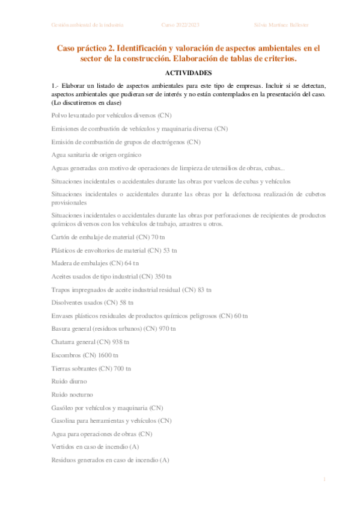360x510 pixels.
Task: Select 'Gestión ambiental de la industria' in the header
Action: tap(88, 25)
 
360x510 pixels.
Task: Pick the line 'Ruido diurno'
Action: tap(69, 381)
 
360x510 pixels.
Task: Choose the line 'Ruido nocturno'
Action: tap(72, 395)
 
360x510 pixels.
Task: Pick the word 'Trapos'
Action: tap(62, 289)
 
